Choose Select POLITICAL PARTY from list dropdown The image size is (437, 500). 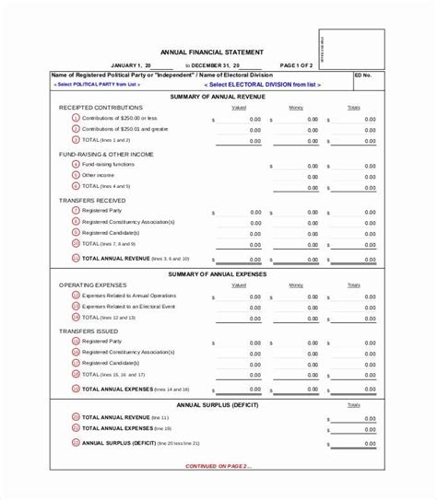coord(95,85)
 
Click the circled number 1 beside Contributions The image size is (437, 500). coord(76,119)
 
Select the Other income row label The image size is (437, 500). coord(97,175)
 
